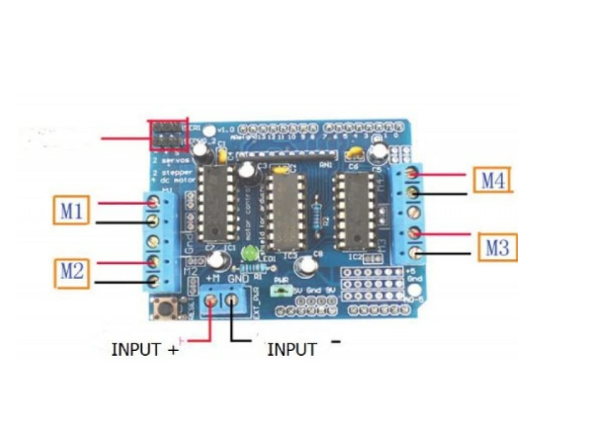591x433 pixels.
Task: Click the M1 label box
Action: click(x=72, y=211)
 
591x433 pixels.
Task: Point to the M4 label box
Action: click(x=493, y=180)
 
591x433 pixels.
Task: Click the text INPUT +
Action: click(x=143, y=349)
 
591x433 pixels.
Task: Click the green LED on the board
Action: click(x=248, y=255)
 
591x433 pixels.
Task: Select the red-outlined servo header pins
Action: click(x=168, y=133)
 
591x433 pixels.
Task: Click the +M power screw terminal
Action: click(x=211, y=301)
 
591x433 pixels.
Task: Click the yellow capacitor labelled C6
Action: click(x=353, y=153)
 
